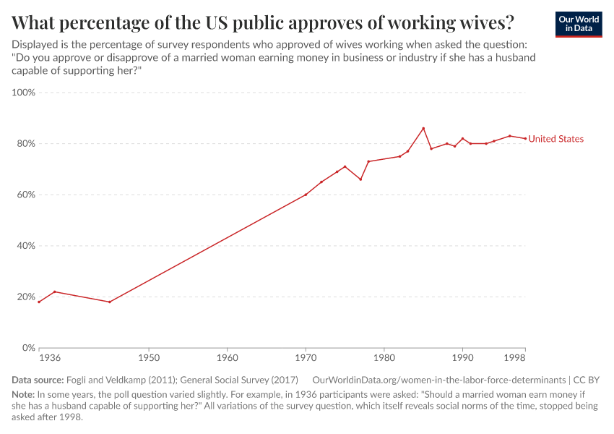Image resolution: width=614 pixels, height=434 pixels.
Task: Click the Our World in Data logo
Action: click(x=578, y=24)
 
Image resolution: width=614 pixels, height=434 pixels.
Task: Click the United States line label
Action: click(x=555, y=139)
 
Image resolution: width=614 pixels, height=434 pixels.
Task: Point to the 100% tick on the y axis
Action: click(x=24, y=93)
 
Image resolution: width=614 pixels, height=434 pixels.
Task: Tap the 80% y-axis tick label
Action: click(x=26, y=144)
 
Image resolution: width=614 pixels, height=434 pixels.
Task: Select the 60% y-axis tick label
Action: click(x=26, y=195)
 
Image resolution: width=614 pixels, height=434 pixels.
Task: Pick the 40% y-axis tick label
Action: click(x=26, y=246)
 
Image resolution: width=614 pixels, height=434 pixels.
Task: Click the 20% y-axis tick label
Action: click(x=26, y=297)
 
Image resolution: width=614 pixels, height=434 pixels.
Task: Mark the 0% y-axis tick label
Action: click(x=28, y=348)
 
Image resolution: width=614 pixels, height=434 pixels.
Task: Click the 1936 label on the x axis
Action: click(x=49, y=358)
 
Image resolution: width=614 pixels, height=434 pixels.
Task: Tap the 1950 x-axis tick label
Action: click(x=149, y=358)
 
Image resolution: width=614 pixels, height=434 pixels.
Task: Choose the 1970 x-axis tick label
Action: click(x=306, y=358)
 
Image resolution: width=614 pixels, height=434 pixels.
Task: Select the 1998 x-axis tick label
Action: click(x=515, y=358)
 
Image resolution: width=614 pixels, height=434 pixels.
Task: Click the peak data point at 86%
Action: click(x=423, y=128)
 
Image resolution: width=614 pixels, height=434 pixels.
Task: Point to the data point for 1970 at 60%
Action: click(x=306, y=195)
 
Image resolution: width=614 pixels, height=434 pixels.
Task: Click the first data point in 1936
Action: click(x=39, y=302)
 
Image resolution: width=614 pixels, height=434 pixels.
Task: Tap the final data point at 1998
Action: click(x=525, y=139)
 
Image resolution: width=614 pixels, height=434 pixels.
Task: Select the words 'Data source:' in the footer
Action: click(x=38, y=380)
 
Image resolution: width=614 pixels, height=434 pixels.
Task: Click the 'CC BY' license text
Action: click(x=587, y=380)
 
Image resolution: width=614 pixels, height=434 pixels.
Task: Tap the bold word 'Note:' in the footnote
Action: click(x=23, y=395)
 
